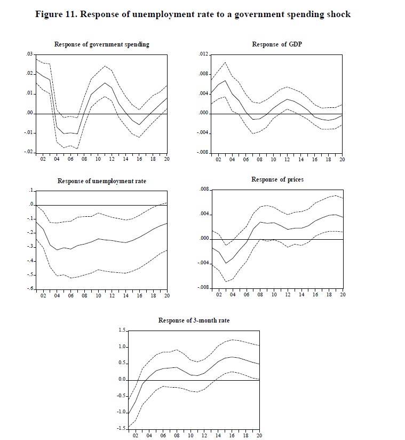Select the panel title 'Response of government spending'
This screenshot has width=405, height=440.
(x=101, y=44)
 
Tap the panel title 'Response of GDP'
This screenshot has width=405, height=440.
(x=276, y=44)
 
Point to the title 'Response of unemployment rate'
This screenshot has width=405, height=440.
(x=101, y=181)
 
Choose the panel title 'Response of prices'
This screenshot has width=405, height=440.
(x=277, y=179)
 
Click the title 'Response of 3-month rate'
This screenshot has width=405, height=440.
(x=194, y=320)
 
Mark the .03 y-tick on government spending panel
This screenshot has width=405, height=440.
(x=29, y=54)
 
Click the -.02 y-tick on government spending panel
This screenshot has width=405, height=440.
(x=28, y=152)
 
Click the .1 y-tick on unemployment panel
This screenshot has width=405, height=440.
(x=31, y=191)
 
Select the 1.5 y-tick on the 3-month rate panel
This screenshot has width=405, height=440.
(x=122, y=331)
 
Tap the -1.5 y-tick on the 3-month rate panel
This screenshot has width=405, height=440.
(x=121, y=428)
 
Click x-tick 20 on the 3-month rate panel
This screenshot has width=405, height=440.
(x=260, y=436)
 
